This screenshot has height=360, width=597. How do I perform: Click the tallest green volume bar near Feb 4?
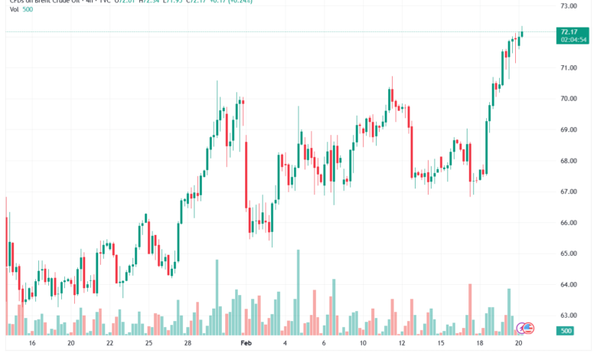(x=298, y=291)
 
